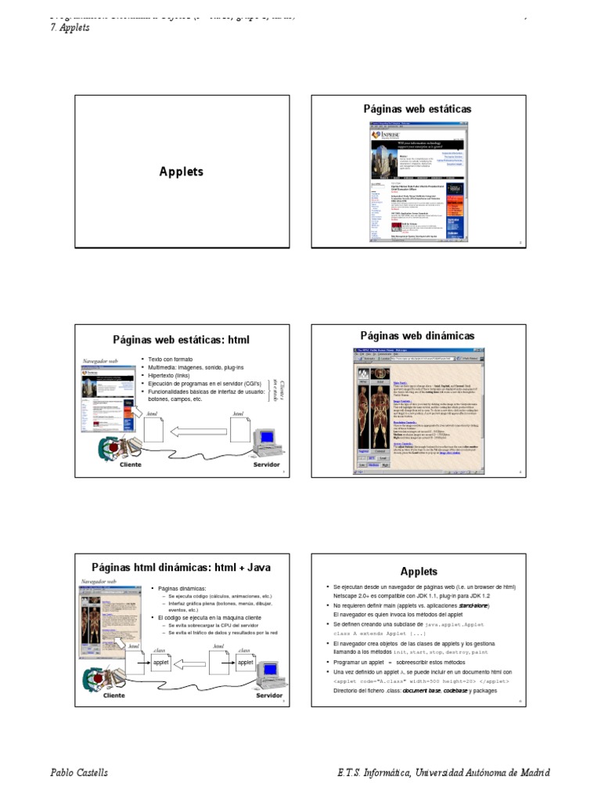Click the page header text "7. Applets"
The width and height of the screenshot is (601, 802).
click(x=70, y=27)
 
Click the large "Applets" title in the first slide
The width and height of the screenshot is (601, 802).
click(x=181, y=172)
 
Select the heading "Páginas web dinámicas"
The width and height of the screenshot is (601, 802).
click(x=417, y=336)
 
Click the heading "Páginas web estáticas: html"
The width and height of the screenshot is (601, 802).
click(x=181, y=340)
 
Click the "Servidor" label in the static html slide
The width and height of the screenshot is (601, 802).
click(x=266, y=464)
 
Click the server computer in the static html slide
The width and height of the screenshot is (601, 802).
click(x=265, y=439)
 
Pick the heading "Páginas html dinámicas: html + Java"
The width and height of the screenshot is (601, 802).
click(x=181, y=566)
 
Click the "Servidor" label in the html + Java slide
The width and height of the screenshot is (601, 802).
click(x=269, y=695)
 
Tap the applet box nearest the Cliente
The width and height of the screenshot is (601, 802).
click(x=160, y=662)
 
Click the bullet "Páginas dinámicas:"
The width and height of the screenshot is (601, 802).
click(x=182, y=587)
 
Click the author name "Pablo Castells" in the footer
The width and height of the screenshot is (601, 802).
click(x=79, y=773)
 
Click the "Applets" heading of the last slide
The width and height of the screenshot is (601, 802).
click(x=419, y=572)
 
